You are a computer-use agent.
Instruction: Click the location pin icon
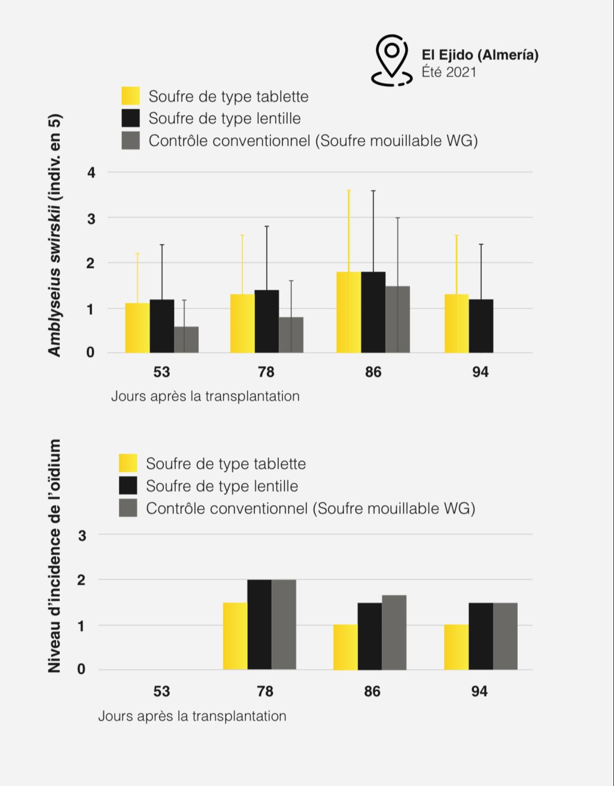[x=391, y=60]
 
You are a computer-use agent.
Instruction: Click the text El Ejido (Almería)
[x=480, y=55]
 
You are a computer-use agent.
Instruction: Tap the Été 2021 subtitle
[x=449, y=72]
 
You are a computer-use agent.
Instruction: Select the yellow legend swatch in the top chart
[x=131, y=96]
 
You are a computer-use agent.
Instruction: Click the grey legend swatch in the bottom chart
[x=128, y=508]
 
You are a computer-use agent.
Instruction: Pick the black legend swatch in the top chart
[x=131, y=118]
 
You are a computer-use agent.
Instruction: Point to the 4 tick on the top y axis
[x=91, y=173]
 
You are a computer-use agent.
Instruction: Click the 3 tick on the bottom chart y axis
[x=82, y=536]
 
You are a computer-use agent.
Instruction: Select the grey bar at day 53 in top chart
[x=186, y=339]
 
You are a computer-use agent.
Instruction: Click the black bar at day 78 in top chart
[x=266, y=321]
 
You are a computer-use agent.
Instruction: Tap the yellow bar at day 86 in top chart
[x=349, y=312]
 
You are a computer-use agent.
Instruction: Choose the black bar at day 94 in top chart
[x=481, y=326]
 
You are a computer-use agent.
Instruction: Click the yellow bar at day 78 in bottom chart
[x=235, y=636]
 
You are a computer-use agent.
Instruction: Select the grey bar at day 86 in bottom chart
[x=394, y=633]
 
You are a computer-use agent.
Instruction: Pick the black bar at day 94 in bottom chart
[x=481, y=636]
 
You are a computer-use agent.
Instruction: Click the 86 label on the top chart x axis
[x=373, y=372]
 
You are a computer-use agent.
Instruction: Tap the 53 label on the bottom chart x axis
[x=161, y=691]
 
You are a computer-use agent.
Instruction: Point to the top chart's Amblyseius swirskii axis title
[x=55, y=236]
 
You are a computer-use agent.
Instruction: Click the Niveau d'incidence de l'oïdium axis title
[x=54, y=556]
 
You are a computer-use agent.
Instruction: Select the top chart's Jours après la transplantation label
[x=205, y=396]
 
